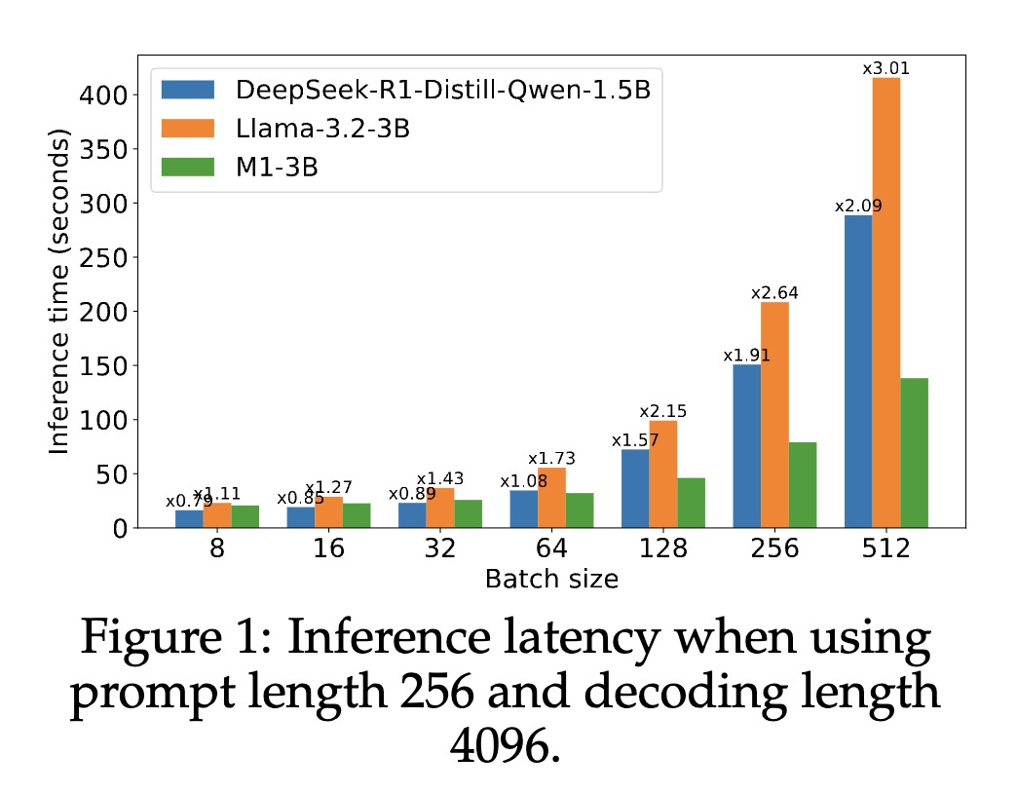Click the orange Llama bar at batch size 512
[x=885, y=302]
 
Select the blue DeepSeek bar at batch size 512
[x=858, y=371]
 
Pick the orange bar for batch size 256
[x=774, y=414]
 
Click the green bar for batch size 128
[x=691, y=502]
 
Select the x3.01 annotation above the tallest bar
[x=885, y=68]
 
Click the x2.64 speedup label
[x=774, y=292]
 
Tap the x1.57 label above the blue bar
[x=635, y=440]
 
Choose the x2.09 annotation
[x=858, y=207]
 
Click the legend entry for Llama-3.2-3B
[x=321, y=129]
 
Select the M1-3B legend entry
[x=278, y=167]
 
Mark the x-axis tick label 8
[x=217, y=548]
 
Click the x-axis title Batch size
[x=551, y=579]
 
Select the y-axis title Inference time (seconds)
[x=60, y=292]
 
